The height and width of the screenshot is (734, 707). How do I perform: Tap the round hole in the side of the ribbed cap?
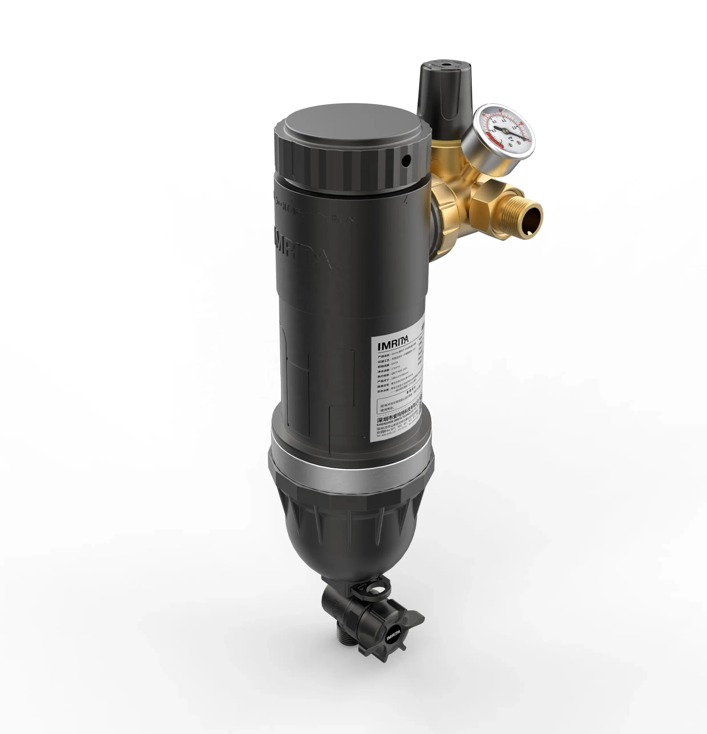pyautogui.click(x=405, y=160)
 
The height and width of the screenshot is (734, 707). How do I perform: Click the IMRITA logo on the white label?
pyautogui.click(x=393, y=343)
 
